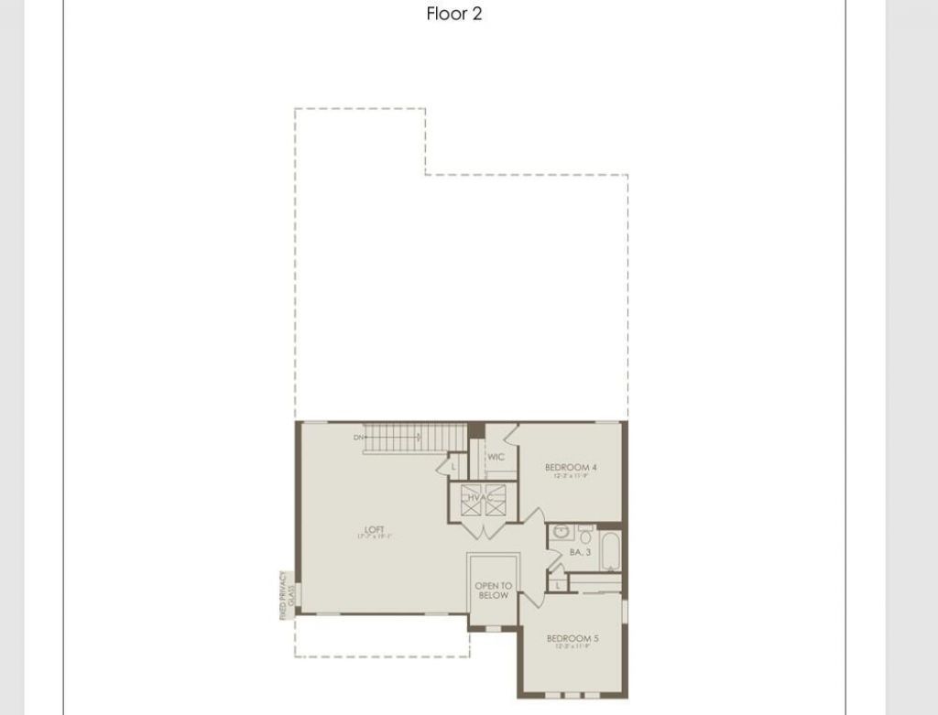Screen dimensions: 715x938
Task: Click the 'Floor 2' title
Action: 454,14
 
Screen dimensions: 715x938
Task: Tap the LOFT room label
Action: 374,528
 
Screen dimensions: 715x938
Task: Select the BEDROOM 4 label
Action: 571,467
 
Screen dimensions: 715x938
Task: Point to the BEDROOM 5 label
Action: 573,638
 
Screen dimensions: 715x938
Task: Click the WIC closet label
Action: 496,457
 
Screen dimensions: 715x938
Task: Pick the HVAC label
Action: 483,497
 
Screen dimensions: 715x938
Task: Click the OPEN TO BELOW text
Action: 493,590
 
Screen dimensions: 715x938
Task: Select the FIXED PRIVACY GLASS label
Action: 288,596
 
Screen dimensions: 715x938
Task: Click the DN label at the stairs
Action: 357,438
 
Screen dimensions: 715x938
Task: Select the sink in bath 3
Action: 561,532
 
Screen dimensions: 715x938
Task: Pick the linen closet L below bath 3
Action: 557,584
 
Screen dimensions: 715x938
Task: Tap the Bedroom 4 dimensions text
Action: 571,476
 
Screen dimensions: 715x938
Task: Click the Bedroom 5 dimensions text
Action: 573,647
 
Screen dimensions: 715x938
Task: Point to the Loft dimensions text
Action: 374,536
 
